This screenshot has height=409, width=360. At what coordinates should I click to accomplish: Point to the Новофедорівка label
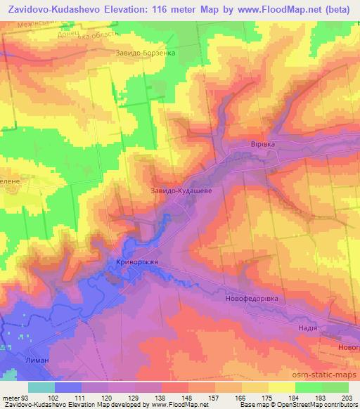point(252,298)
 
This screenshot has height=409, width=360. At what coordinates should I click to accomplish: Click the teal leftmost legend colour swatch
point(41,387)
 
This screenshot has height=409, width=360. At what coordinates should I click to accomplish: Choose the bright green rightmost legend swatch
point(336,387)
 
